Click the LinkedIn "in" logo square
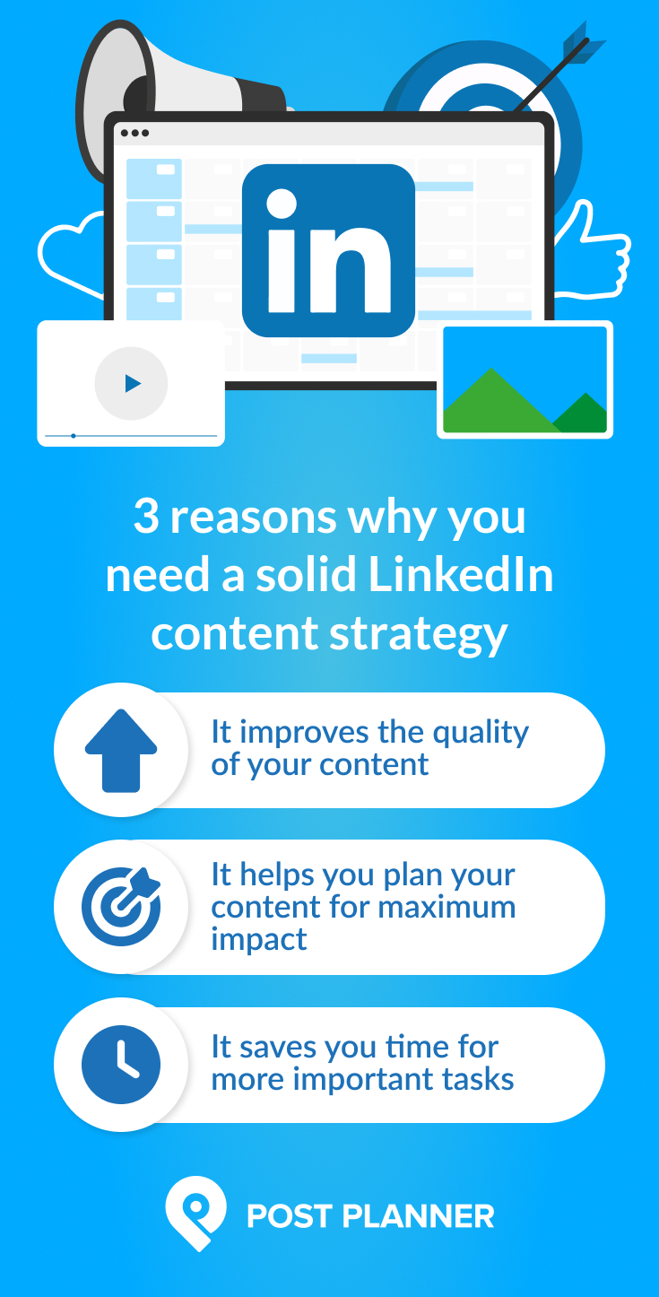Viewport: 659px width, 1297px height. click(x=328, y=250)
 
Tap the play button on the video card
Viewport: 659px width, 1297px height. click(x=132, y=384)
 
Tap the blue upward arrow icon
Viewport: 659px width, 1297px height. click(x=121, y=750)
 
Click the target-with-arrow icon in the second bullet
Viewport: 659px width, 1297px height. click(x=121, y=906)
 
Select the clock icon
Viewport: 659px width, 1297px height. click(x=121, y=1065)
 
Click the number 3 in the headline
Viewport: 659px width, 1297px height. click(x=146, y=518)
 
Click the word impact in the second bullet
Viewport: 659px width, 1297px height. click(x=259, y=939)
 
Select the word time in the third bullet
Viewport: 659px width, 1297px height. click(x=413, y=1047)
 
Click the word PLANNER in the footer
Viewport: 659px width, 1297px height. click(x=421, y=1216)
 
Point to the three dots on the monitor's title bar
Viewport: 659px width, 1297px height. click(x=134, y=133)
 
